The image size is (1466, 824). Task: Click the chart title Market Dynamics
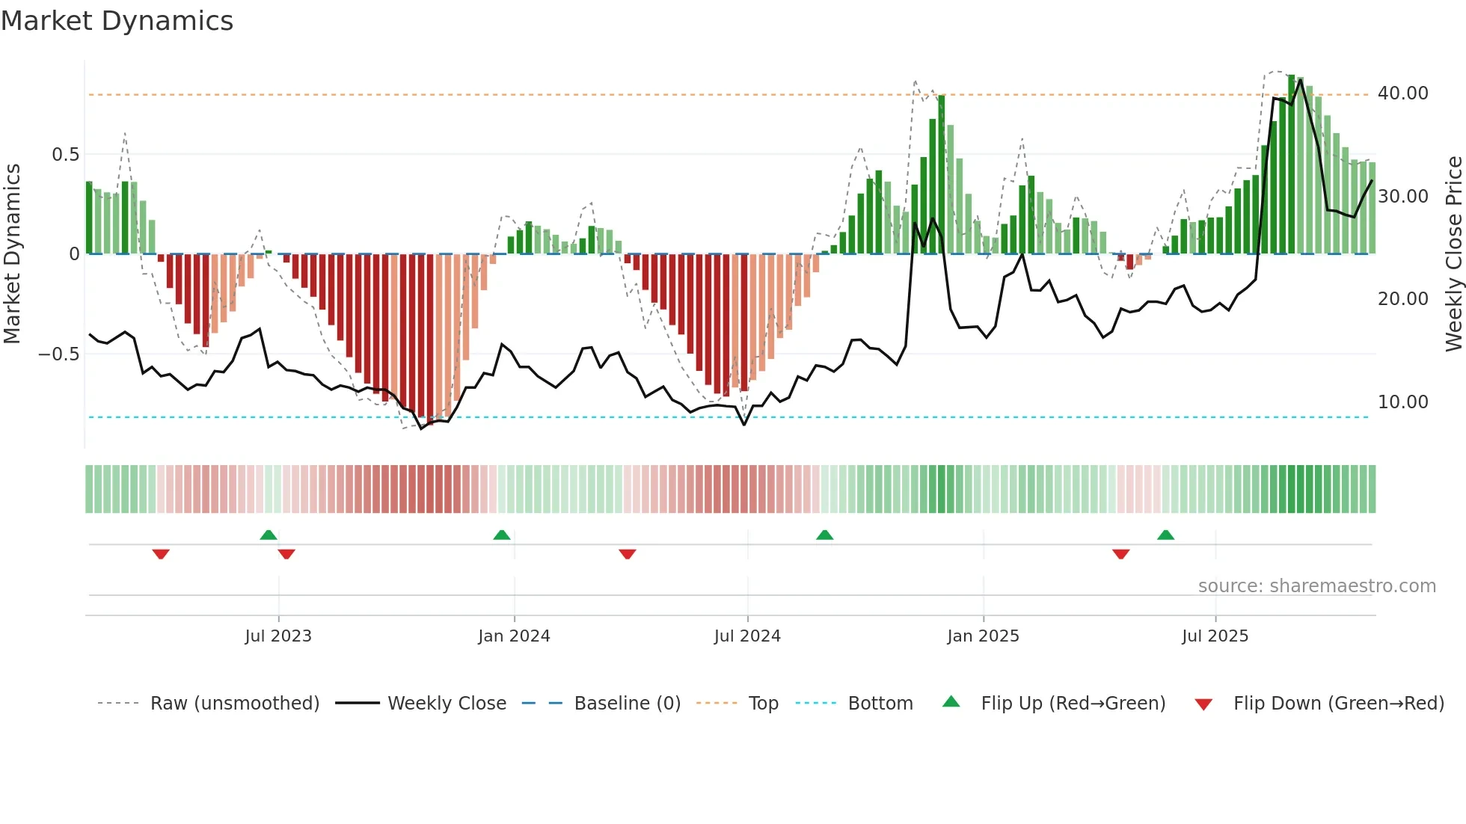[x=117, y=21]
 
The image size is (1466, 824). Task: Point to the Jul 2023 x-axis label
[x=278, y=636]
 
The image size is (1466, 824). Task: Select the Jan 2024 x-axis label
[x=514, y=636]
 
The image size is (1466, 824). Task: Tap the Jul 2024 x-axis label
[x=747, y=636]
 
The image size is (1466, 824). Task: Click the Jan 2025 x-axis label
[x=983, y=636]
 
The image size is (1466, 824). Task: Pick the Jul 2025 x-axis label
[x=1215, y=636]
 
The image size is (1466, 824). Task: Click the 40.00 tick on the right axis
[x=1402, y=93]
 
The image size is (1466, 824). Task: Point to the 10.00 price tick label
[x=1402, y=402]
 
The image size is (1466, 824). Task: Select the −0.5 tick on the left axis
[x=59, y=354]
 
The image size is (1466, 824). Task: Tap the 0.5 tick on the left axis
[x=65, y=155]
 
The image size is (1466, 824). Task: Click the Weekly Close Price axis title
[x=1453, y=253]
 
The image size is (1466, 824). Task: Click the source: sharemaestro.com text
[x=1316, y=586]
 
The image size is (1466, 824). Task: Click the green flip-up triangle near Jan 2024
[x=502, y=535]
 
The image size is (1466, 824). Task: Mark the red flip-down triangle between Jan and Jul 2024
[x=628, y=554]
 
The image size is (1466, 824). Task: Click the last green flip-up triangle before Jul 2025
[x=1165, y=535]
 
